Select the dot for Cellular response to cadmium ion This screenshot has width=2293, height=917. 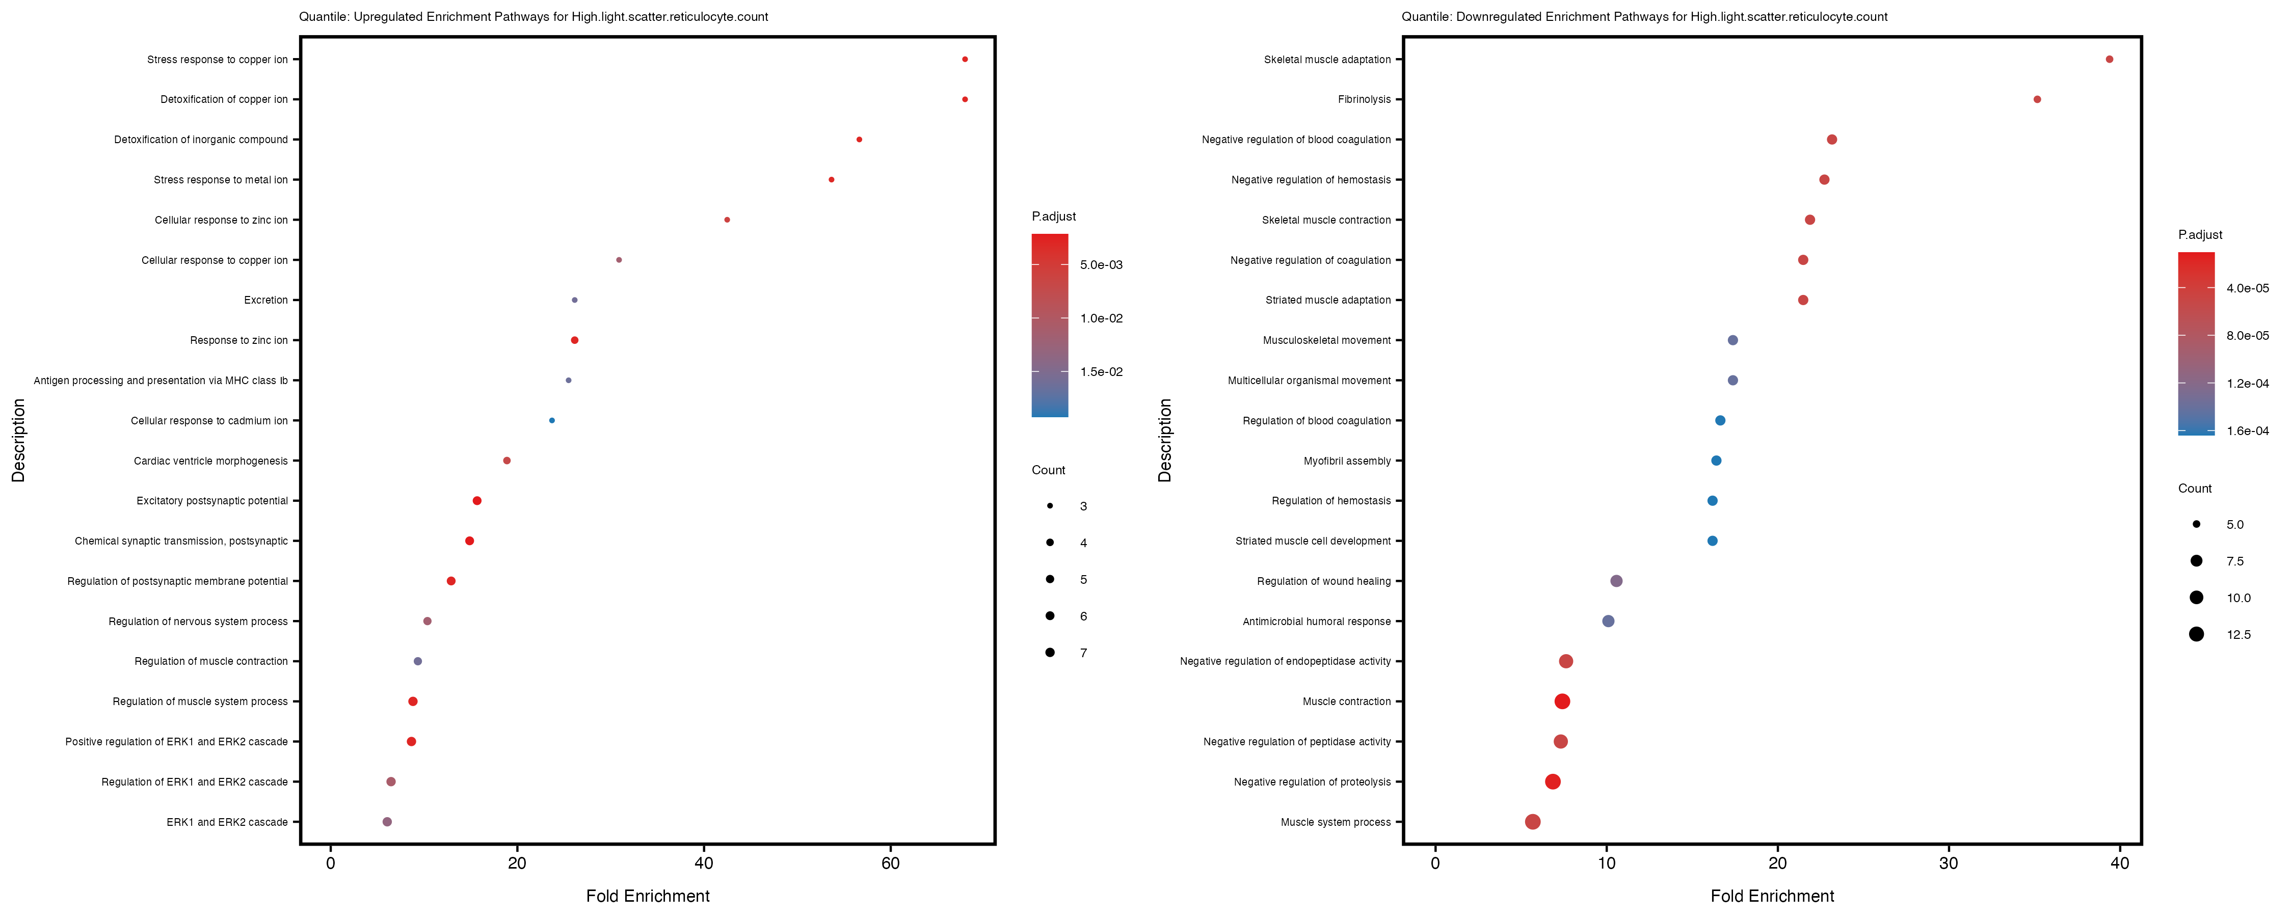click(x=552, y=420)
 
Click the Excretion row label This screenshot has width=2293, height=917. click(x=265, y=300)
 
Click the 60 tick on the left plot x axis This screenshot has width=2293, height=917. click(x=890, y=862)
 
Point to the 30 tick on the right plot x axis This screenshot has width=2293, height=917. click(x=1949, y=862)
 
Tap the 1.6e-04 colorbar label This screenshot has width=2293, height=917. click(x=2247, y=431)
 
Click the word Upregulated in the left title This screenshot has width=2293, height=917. click(x=388, y=17)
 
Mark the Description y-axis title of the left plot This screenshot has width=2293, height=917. click(x=19, y=440)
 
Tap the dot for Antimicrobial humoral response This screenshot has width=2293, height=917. click(x=1608, y=622)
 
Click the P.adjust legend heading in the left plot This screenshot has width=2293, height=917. click(x=1053, y=217)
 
